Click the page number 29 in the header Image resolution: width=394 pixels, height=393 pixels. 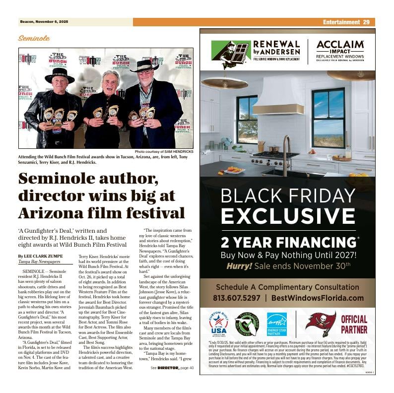point(366,22)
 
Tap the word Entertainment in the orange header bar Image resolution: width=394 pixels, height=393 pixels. point(341,22)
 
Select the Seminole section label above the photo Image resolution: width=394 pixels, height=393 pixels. point(34,38)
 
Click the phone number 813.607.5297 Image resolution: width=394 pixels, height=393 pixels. point(236,298)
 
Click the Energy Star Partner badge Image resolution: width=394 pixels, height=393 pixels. point(277,324)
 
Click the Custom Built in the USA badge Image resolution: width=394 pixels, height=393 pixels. point(218,324)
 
